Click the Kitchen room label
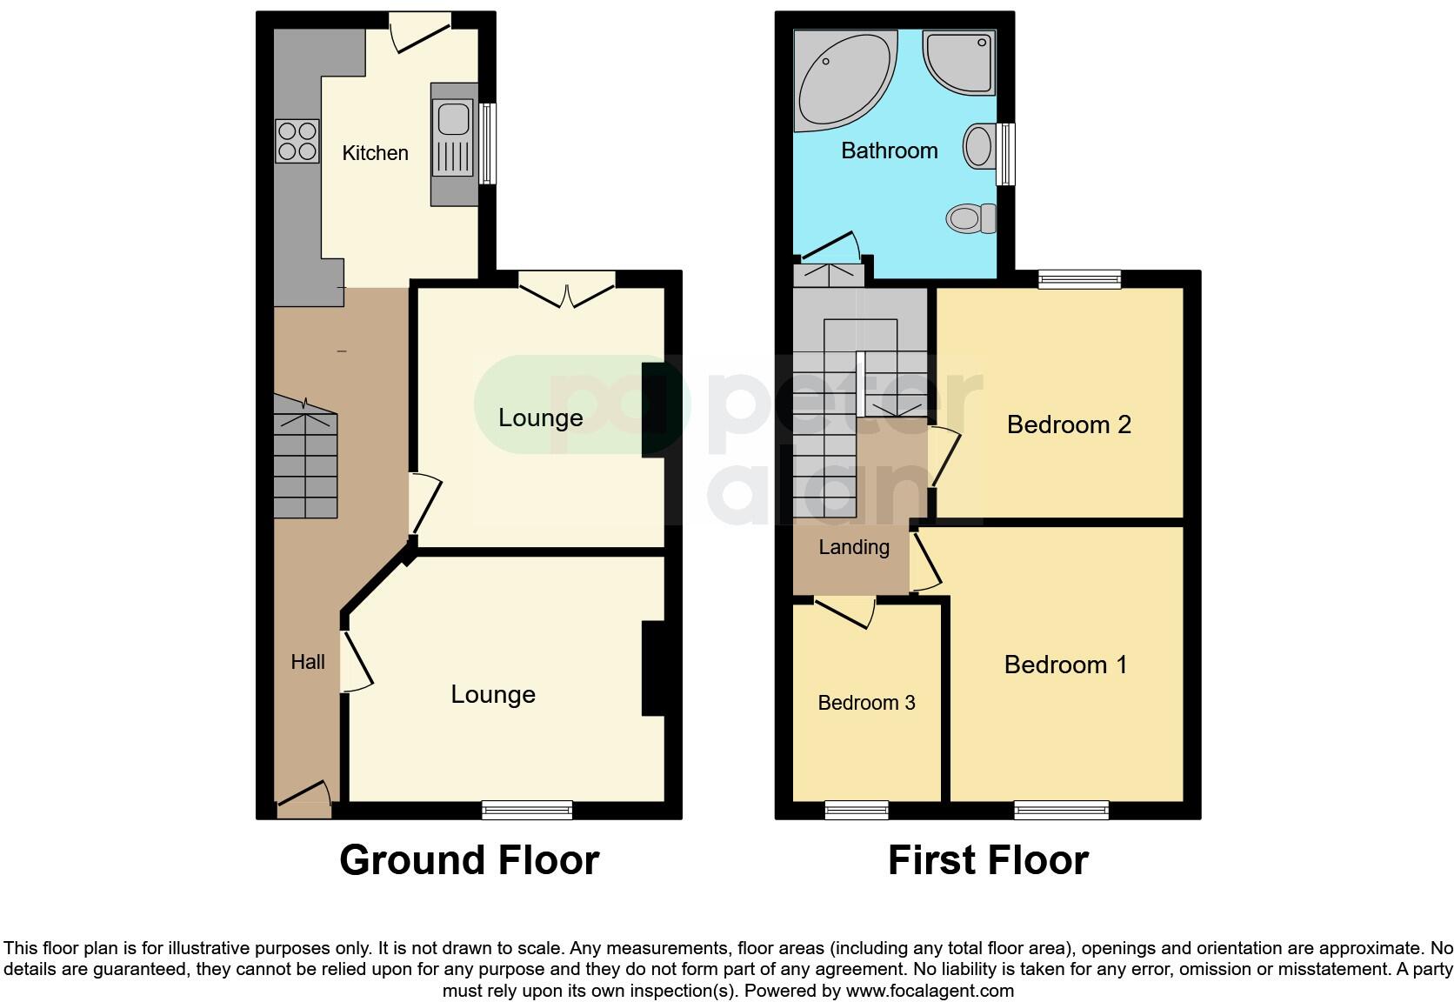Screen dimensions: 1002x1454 (x=375, y=153)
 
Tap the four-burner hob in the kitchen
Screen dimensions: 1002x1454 (x=297, y=141)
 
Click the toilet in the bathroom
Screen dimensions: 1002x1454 (x=972, y=217)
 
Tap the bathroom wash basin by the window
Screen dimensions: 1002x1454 (x=979, y=145)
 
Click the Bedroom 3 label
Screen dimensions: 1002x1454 (x=866, y=703)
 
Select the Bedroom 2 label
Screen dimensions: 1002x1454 (x=1068, y=424)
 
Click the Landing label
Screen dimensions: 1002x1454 (x=854, y=547)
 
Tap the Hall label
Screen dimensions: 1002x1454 (x=308, y=662)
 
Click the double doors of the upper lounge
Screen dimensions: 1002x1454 (x=567, y=290)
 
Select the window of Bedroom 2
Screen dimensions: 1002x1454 (x=1079, y=279)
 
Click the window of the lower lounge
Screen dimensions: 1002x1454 (x=527, y=810)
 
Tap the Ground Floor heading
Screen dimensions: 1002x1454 (x=469, y=860)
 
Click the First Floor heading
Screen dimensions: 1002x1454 (x=988, y=860)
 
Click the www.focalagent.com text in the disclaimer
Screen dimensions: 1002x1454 (x=930, y=990)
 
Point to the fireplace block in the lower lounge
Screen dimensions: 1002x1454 (x=653, y=668)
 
